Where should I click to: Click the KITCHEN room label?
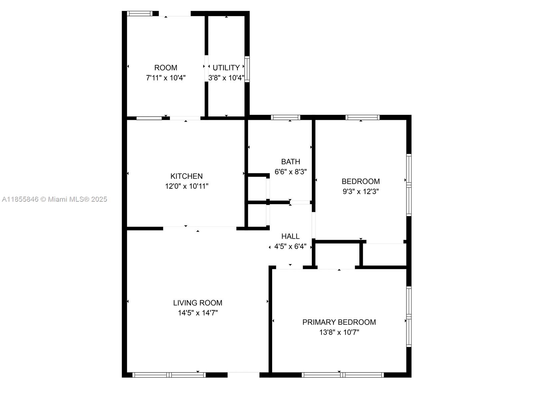pyautogui.click(x=186, y=176)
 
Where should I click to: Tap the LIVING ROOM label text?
pyautogui.click(x=198, y=303)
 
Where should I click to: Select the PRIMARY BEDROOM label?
pyautogui.click(x=339, y=322)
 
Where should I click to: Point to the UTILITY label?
pyautogui.click(x=226, y=68)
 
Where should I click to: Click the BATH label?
pyautogui.click(x=290, y=161)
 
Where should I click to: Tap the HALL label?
pyautogui.click(x=290, y=236)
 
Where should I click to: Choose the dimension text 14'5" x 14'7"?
pyautogui.click(x=198, y=313)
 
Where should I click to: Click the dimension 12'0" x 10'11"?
pyautogui.click(x=187, y=186)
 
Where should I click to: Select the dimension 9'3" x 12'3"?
pyautogui.click(x=360, y=192)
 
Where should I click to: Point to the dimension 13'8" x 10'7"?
pyautogui.click(x=339, y=332)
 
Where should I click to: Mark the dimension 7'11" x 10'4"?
pyautogui.click(x=166, y=78)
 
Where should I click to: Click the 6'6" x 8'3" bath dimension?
pyautogui.click(x=290, y=172)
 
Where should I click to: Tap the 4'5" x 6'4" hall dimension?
pyautogui.click(x=290, y=247)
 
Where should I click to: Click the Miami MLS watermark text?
pyautogui.click(x=54, y=199)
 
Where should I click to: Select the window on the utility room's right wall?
pyautogui.click(x=247, y=69)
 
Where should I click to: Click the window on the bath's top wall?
pyautogui.click(x=285, y=117)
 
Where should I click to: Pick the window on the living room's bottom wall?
pyautogui.click(x=169, y=375)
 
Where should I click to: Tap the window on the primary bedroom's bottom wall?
pyautogui.click(x=343, y=375)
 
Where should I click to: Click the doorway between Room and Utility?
pyautogui.click(x=207, y=69)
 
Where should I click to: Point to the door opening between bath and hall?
pyautogui.click(x=300, y=202)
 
